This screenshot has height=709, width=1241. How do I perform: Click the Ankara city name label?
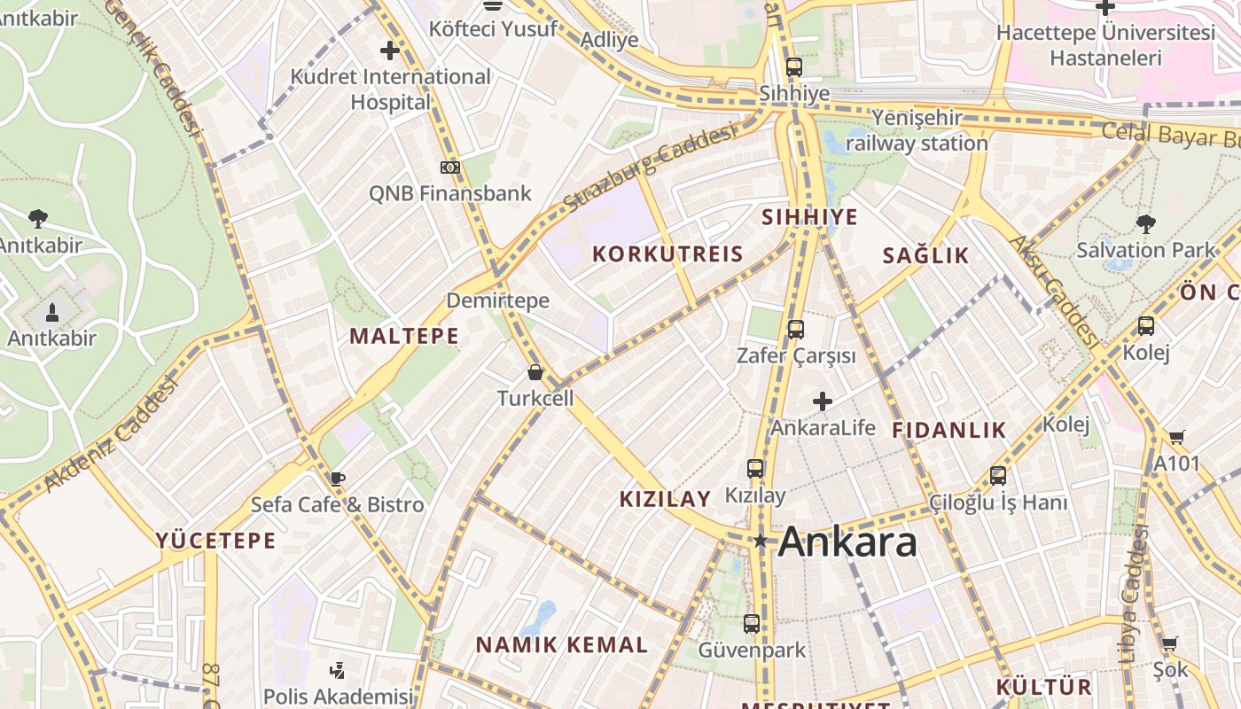tap(847, 541)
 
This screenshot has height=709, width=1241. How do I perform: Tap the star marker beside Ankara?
tap(760, 541)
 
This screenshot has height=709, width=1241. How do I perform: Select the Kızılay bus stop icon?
tap(755, 469)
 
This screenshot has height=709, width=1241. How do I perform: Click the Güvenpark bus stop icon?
tap(752, 624)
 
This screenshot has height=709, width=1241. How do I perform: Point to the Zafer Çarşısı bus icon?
tap(795, 330)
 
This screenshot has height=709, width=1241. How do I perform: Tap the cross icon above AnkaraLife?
tap(823, 401)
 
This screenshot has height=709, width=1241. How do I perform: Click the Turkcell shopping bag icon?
tap(535, 372)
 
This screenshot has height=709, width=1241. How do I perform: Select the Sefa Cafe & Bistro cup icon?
tap(337, 479)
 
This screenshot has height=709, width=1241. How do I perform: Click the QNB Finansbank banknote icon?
tap(450, 167)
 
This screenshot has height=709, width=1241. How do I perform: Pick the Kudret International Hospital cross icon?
tap(389, 51)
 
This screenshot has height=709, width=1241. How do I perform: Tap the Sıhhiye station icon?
tap(793, 66)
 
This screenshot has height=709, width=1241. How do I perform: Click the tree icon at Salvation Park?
tap(1145, 223)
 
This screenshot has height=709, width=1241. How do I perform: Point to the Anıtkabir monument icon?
tap(51, 312)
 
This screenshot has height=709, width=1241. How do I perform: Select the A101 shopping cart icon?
tap(1176, 437)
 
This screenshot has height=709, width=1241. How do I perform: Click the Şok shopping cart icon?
tap(1170, 644)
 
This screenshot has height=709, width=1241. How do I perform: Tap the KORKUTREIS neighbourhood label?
tap(667, 254)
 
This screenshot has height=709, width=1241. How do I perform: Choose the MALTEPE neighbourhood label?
tap(404, 336)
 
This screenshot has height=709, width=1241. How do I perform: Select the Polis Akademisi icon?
tap(337, 671)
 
